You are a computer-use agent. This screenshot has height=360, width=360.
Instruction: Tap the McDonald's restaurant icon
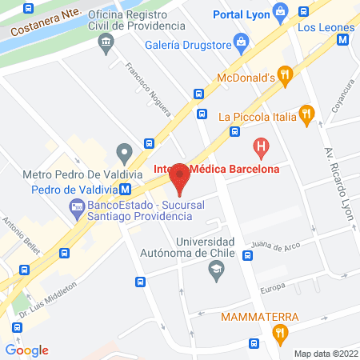(x=286, y=77)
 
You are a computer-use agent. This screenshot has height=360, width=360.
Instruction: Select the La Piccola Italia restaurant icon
(x=305, y=114)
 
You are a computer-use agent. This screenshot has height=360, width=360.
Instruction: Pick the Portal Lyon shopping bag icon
(x=280, y=12)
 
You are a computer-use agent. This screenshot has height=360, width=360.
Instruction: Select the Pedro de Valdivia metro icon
(x=126, y=190)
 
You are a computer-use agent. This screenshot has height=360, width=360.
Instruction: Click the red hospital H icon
(x=260, y=146)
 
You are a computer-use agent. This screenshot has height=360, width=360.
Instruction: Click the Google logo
(x=26, y=350)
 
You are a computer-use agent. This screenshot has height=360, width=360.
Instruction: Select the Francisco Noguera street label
(x=144, y=84)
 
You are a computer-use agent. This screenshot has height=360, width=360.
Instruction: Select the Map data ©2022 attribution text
(x=324, y=353)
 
